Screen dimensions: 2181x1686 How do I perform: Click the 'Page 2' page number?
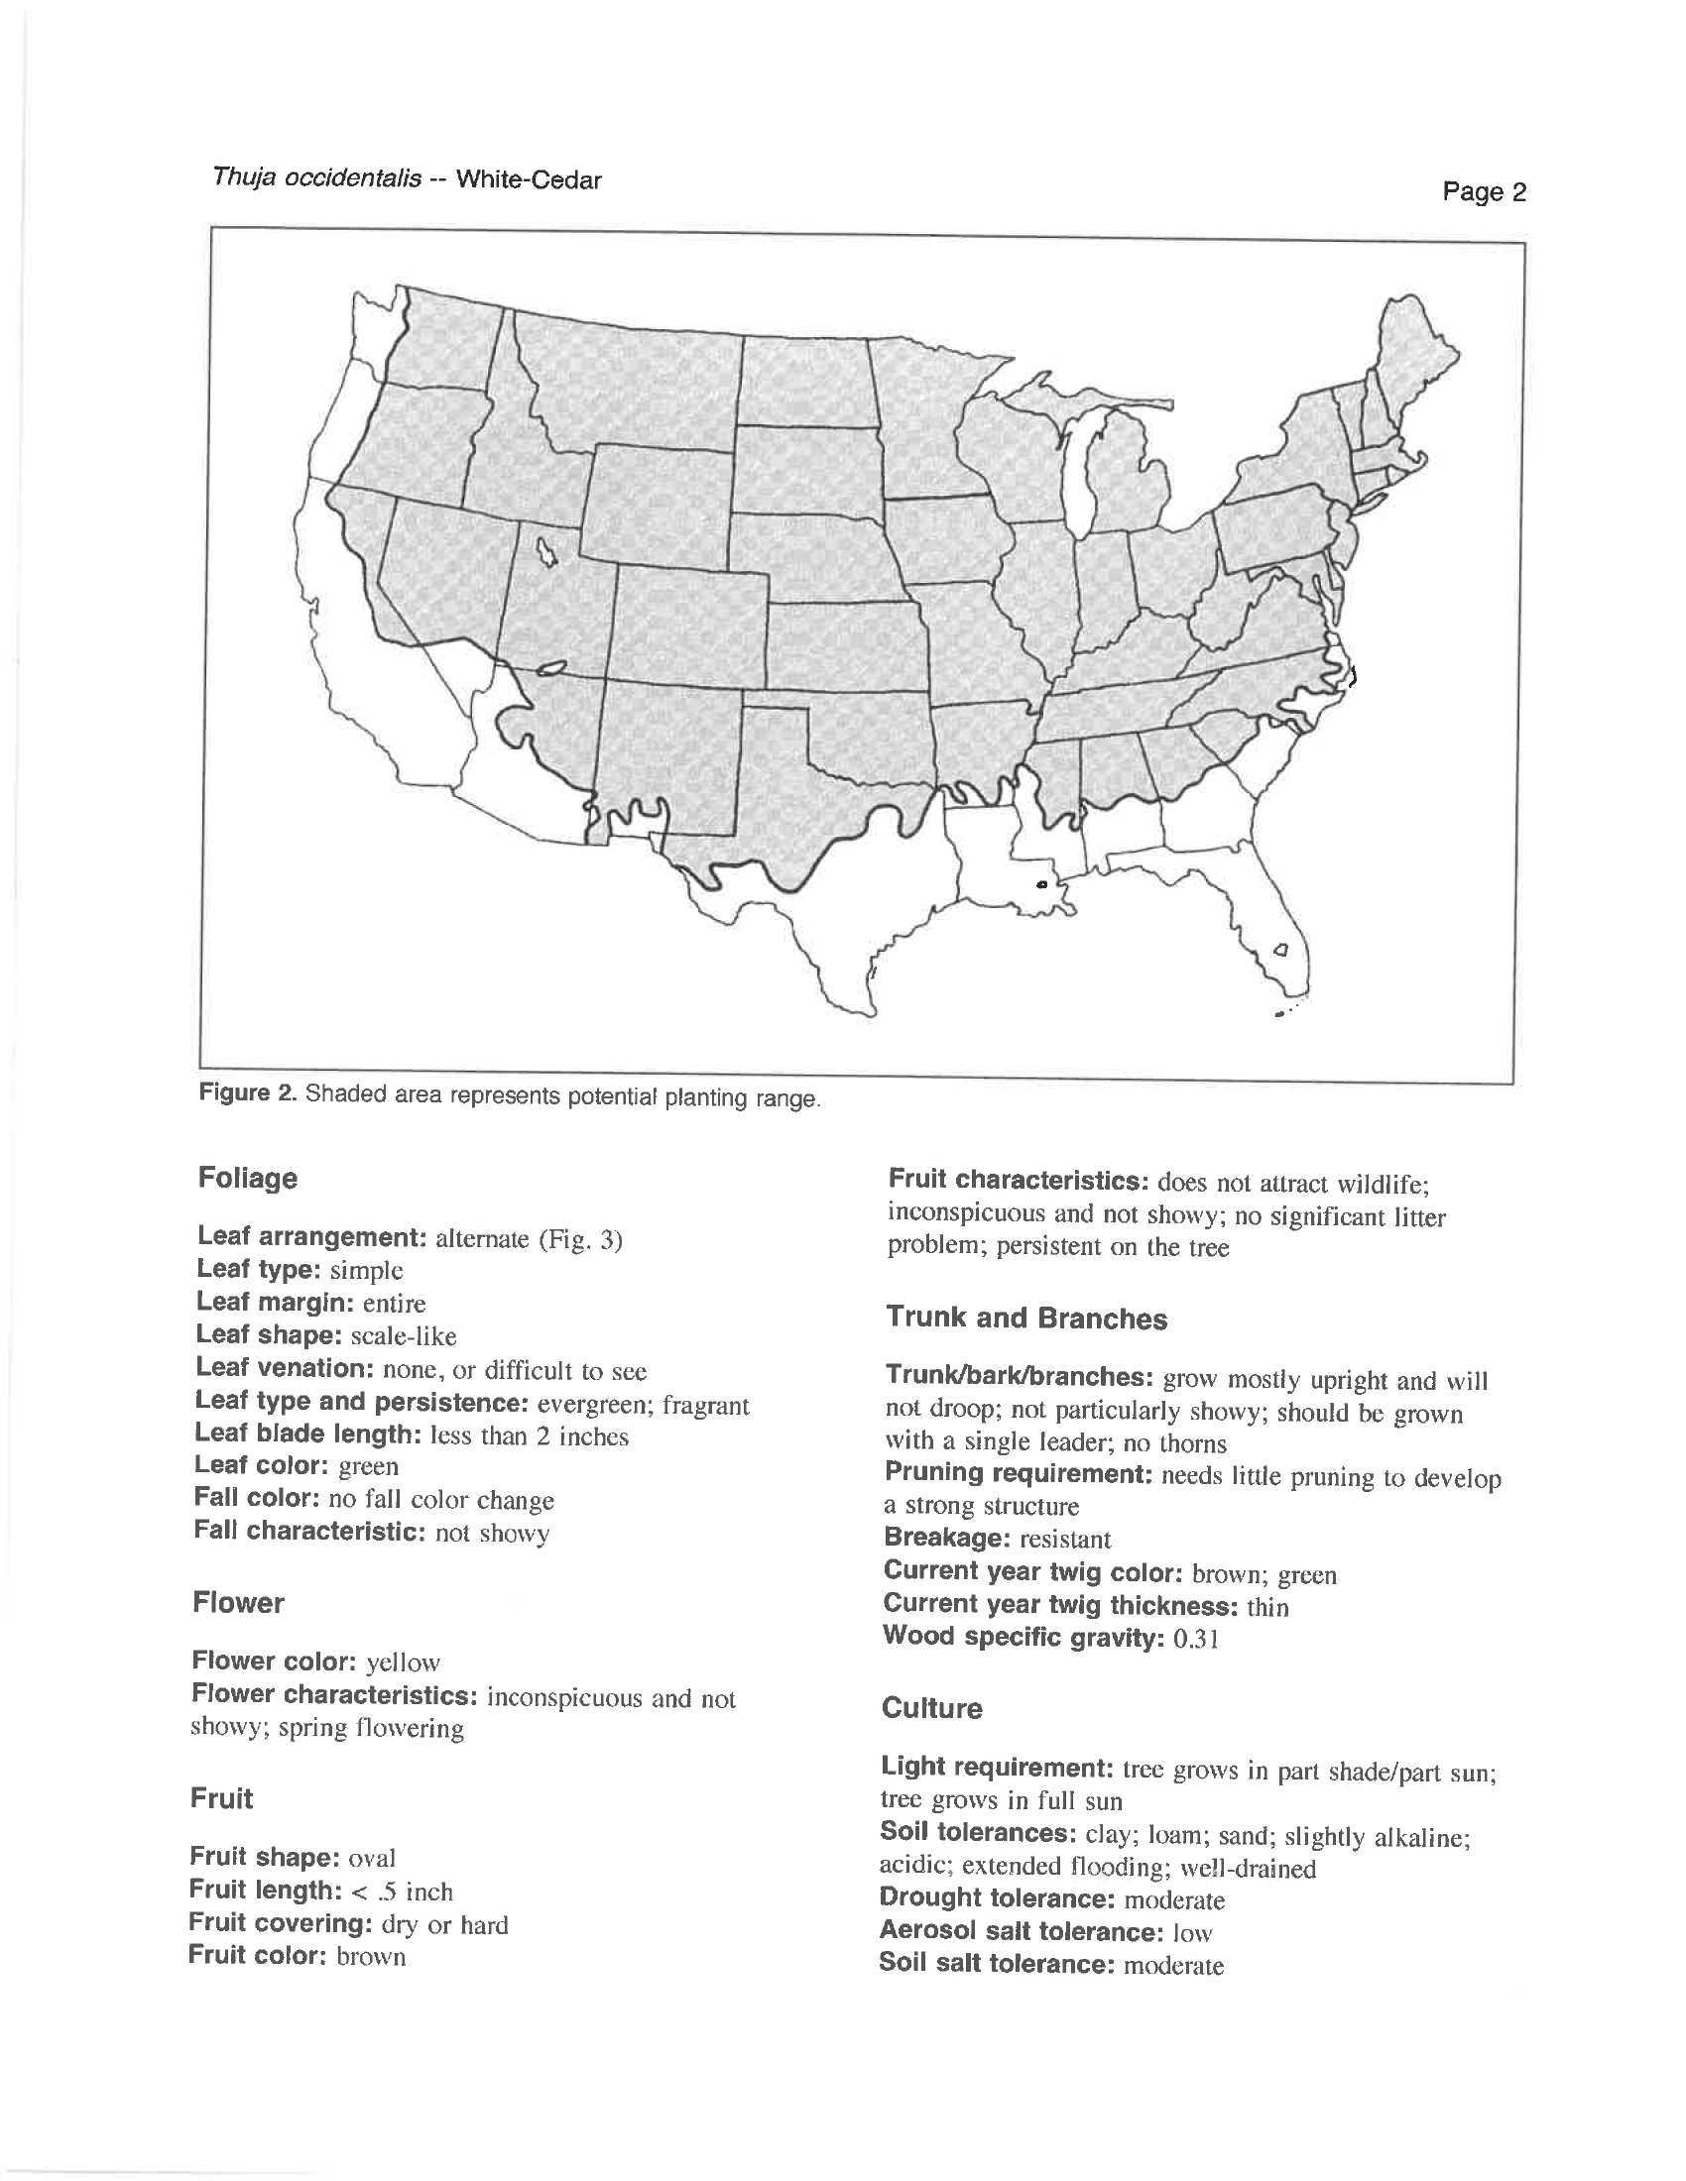(x=1484, y=190)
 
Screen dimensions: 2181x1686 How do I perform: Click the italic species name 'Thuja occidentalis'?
(x=315, y=178)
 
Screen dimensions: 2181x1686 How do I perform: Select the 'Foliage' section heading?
(x=248, y=1179)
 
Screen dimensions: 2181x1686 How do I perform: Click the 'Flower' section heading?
(x=238, y=1604)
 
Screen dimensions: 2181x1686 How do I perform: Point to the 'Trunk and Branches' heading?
(x=1025, y=1320)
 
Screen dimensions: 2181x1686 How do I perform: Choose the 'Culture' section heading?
(x=931, y=1709)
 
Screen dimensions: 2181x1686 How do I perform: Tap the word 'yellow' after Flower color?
(x=403, y=1663)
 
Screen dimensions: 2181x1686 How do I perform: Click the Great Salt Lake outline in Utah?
(x=546, y=550)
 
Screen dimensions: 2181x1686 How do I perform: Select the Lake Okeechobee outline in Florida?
(x=1281, y=949)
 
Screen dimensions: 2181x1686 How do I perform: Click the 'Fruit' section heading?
(x=222, y=1799)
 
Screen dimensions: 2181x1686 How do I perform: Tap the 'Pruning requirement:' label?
(x=1019, y=1474)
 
